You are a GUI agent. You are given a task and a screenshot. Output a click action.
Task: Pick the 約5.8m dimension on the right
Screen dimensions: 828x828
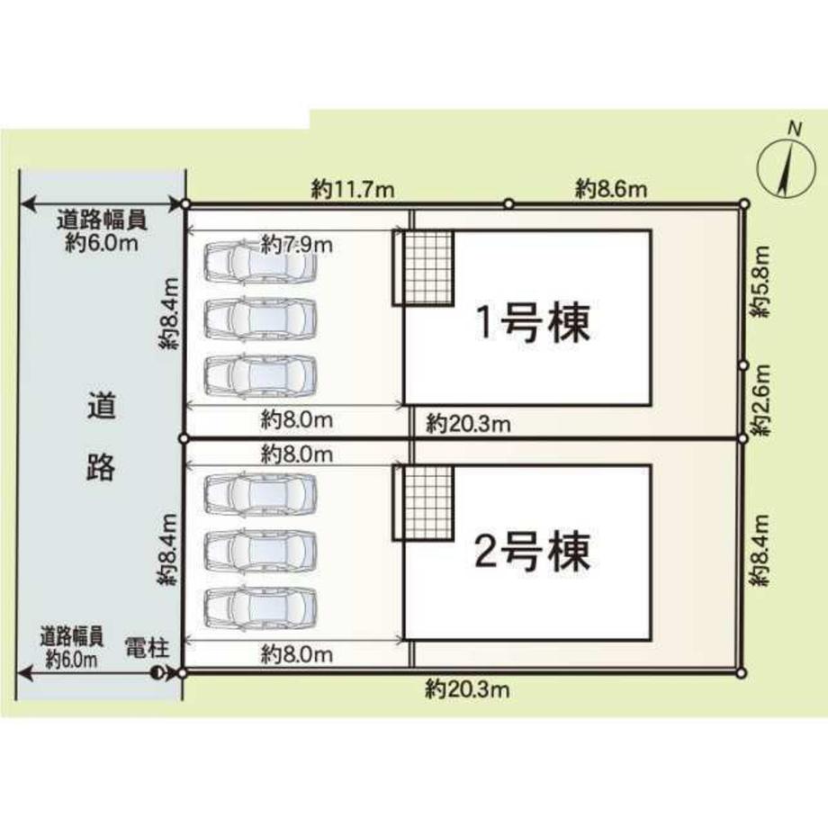click(761, 282)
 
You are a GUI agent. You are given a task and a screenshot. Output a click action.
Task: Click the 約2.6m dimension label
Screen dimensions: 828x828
click(761, 400)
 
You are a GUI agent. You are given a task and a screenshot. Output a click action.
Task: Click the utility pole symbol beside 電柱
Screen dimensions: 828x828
click(160, 672)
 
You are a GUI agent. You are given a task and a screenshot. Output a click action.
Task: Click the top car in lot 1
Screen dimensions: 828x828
click(261, 262)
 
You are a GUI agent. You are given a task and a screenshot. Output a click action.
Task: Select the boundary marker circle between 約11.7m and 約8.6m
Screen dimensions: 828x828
click(508, 203)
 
